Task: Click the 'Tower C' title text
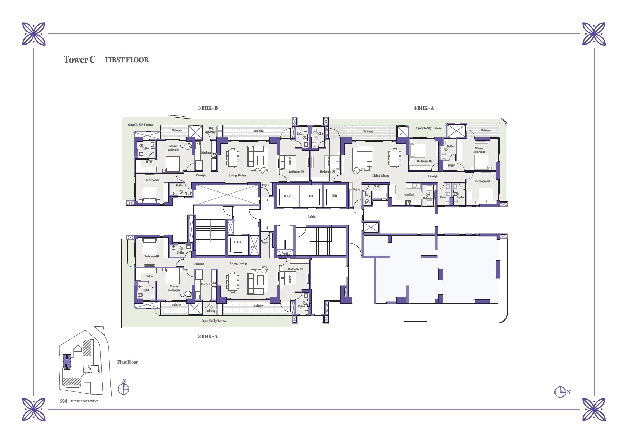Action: [80, 60]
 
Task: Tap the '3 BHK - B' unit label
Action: [208, 108]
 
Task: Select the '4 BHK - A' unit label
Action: [424, 108]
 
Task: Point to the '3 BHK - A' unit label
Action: [208, 336]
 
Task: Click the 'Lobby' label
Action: [312, 217]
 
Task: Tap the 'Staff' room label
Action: [377, 186]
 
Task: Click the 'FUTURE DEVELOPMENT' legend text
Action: [84, 401]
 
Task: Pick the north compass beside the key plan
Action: [123, 388]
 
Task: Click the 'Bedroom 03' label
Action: [327, 171]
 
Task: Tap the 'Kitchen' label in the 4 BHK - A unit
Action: [409, 195]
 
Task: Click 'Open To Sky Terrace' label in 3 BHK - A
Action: [214, 321]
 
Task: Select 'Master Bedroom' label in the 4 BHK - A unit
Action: [479, 150]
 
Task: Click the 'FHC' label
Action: [254, 247]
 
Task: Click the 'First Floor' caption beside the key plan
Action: [127, 362]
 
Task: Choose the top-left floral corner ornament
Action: [34, 34]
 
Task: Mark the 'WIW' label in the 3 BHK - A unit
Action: [149, 276]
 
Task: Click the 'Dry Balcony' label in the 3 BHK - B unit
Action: [211, 130]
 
